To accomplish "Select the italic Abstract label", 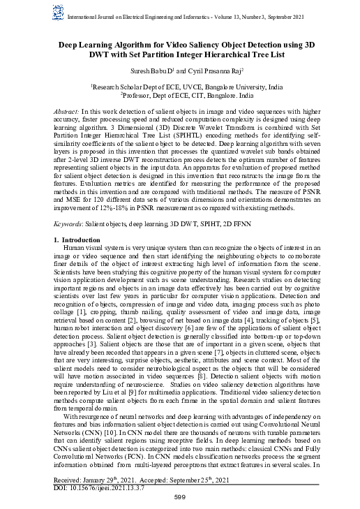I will tap(67, 112).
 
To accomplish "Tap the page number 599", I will tap(180, 497).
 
